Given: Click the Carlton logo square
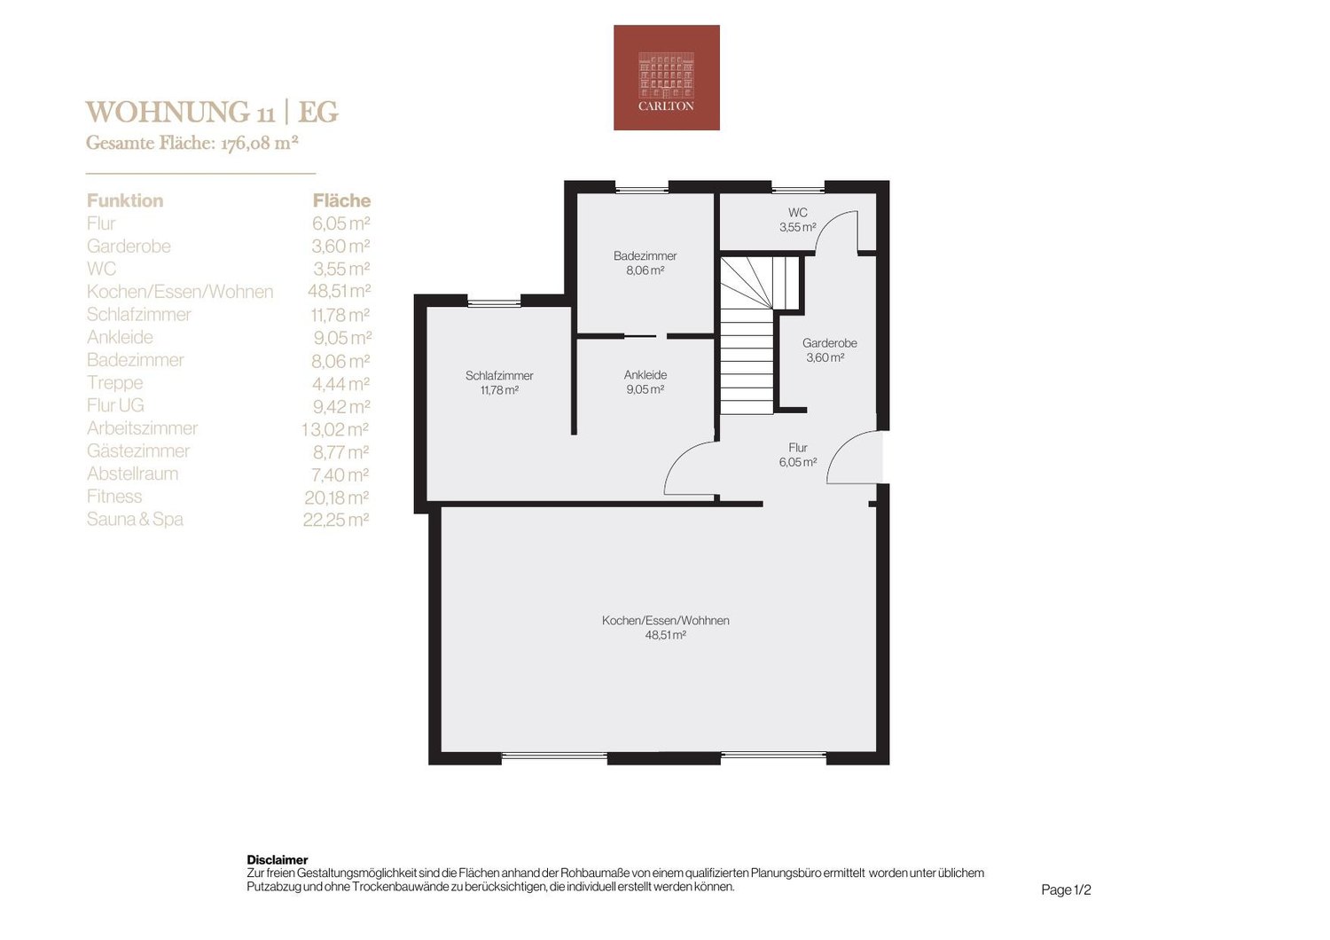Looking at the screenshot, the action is coord(666,77).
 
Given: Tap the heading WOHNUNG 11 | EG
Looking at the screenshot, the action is coord(212,113).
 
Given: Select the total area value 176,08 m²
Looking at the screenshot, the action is coord(259,143).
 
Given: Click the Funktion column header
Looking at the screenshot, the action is coord(125,200).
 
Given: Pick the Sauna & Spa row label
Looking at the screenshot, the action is coord(135,519).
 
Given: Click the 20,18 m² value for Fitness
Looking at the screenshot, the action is coord(336,497).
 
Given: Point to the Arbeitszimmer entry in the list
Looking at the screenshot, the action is coord(142,428).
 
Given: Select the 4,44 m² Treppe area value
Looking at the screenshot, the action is coord(340,384).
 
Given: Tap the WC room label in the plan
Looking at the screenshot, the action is coord(797,213).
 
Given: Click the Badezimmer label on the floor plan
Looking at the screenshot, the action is coord(645,256).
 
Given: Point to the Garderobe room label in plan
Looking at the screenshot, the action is coord(829,342).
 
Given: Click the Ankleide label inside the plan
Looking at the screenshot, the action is coord(645,375).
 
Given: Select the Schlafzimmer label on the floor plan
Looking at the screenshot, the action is coord(499,375).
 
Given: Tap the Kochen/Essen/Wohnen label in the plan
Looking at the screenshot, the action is coord(666,620).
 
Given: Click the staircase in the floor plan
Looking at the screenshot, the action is coord(750,335).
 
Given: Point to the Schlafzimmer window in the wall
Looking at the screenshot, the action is coord(494,303).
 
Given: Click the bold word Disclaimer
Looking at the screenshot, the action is coord(278,860).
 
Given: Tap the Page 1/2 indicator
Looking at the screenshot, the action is coord(1066,889).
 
